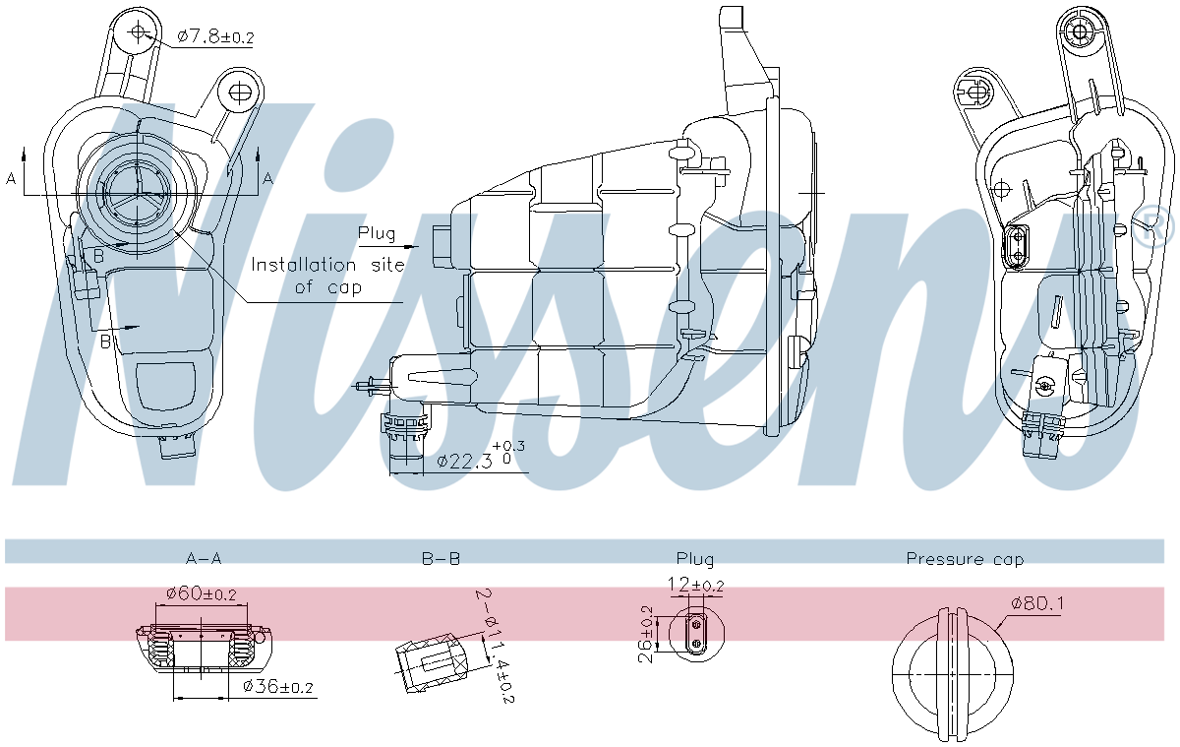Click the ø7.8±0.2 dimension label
coord(215,37)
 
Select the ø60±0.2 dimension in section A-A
coord(201,593)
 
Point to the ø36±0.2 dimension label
coord(278,687)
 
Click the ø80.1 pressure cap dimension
coord(1036,603)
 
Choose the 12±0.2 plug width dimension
coord(695,586)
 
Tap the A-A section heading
coord(204,559)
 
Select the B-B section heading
coord(441,559)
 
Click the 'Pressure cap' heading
coord(965,559)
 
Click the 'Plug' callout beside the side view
coord(377,234)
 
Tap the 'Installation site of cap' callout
coord(316,276)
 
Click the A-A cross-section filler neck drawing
coord(202,650)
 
